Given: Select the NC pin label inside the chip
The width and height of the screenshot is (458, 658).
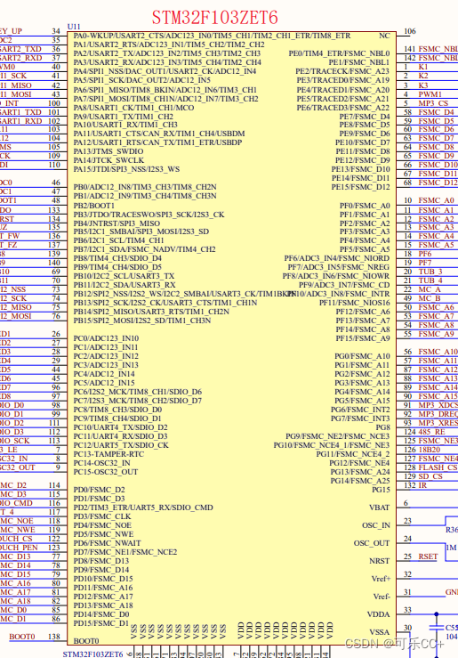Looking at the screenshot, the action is coord(384,36).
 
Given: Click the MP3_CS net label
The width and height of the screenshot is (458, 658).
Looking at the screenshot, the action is coord(433,103).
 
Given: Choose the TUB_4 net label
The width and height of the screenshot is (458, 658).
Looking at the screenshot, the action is coord(430,281).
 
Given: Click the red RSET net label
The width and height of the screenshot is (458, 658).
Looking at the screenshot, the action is coord(428,556).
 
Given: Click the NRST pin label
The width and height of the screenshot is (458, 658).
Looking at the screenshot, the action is coord(380,561).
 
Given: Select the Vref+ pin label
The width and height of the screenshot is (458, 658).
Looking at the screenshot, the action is coord(381,579).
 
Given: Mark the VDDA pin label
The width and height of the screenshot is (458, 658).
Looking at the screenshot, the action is coord(379,614).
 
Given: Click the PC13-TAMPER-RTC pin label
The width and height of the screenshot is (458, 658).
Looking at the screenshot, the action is coord(108,454).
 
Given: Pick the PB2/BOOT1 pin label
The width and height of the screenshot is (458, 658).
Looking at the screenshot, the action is coord(93,206).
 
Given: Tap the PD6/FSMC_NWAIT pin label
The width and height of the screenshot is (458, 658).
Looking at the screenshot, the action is coord(107,543).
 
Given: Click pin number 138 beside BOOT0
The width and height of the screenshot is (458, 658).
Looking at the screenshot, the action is coord(55,637).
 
